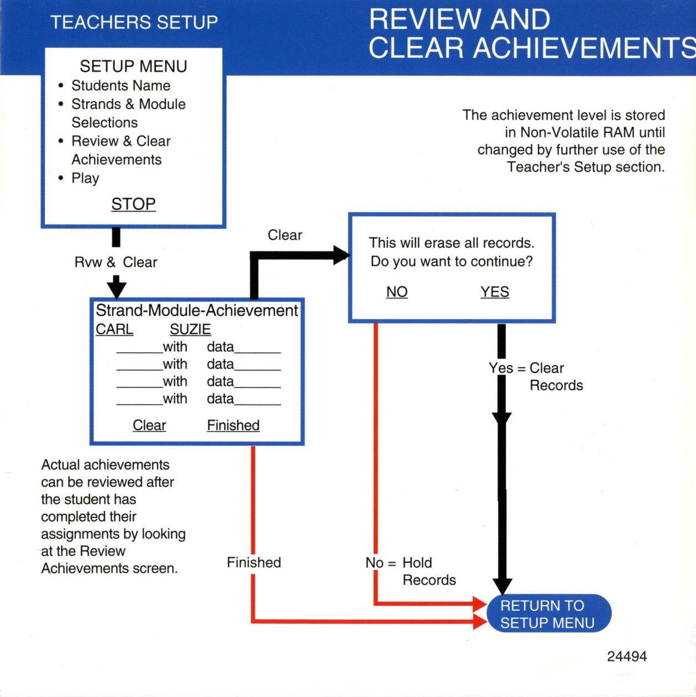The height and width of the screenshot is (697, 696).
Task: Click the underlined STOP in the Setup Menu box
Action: [133, 204]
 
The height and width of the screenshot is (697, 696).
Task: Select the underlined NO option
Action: [397, 292]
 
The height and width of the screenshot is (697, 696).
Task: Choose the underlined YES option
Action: [495, 292]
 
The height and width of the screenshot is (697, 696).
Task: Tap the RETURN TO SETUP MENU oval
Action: [548, 614]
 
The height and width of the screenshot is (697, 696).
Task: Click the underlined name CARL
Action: [114, 329]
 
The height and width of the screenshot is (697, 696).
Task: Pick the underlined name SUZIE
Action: [190, 329]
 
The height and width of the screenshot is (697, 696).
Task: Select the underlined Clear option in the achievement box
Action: [149, 425]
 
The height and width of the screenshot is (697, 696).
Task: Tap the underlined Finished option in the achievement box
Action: [233, 425]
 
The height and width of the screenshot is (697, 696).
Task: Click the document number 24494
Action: [627, 656]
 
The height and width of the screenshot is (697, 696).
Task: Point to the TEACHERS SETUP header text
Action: [134, 22]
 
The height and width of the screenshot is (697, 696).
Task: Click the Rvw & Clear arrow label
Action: [115, 262]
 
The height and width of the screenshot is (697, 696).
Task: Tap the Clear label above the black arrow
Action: [285, 235]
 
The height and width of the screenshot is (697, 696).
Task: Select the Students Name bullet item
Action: [121, 86]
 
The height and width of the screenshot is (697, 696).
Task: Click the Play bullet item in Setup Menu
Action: [85, 178]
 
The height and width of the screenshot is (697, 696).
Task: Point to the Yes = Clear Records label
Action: [536, 377]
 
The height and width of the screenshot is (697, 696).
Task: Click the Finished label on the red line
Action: [254, 563]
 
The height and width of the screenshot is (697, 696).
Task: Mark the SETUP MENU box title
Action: [133, 66]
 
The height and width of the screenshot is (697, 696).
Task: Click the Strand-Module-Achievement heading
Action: [196, 310]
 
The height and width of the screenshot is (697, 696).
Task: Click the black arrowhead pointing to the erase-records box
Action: [341, 255]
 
